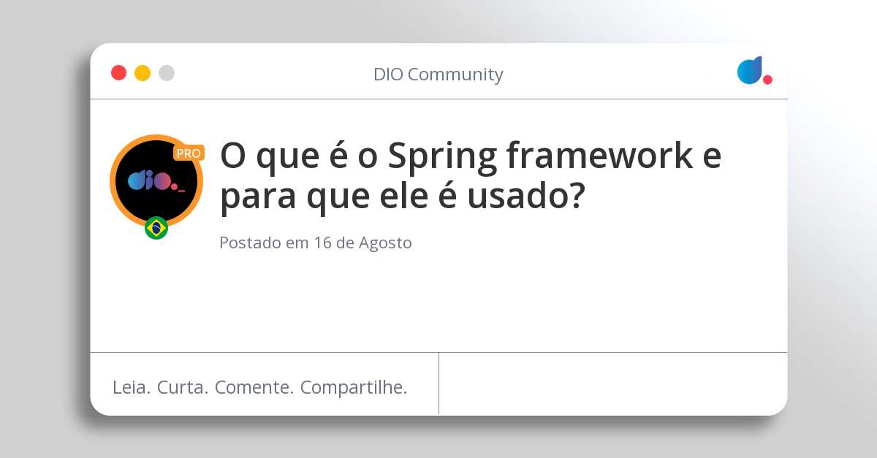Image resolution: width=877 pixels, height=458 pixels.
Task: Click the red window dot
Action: [118, 73]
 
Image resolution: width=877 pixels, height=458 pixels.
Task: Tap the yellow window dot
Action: [143, 73]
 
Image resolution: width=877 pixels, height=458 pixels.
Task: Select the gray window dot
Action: [167, 73]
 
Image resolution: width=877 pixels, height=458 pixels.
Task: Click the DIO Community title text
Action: [438, 75]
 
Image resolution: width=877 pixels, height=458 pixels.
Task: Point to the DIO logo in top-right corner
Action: [753, 70]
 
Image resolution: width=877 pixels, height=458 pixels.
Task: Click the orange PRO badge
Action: [189, 153]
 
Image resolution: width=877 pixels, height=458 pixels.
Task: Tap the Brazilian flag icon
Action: [156, 228]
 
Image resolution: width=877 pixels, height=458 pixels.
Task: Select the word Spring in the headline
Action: [440, 156]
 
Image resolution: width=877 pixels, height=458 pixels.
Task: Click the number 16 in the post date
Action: [323, 243]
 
